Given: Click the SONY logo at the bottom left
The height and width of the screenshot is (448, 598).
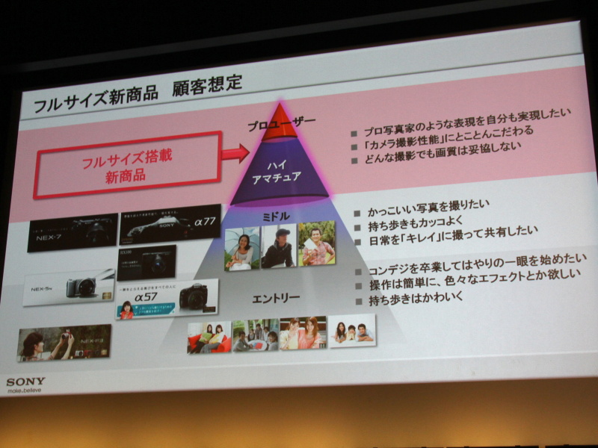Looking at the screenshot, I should point(26,381).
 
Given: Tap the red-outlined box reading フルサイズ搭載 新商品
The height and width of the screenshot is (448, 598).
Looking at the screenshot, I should point(126,164).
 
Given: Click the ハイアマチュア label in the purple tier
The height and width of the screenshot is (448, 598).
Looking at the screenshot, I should point(279,174).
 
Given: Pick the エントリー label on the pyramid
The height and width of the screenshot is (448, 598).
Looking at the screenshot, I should point(276,299).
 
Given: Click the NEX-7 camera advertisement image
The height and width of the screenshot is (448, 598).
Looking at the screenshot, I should point(73,232).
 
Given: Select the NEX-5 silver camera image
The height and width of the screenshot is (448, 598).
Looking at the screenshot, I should point(69,287).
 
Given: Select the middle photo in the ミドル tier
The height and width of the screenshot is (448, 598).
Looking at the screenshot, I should point(278,246).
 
